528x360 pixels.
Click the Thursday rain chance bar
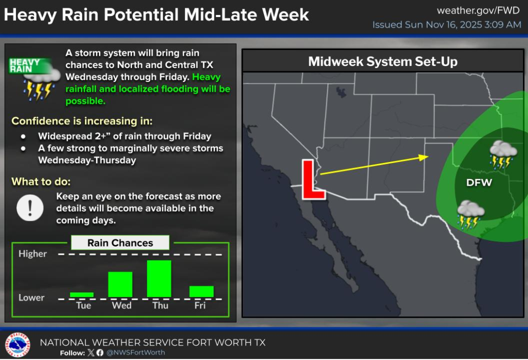click(x=159, y=279)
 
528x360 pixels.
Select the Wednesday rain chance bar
click(x=120, y=284)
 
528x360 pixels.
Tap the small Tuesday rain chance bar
click(x=81, y=294)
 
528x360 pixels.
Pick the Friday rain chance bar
click(x=202, y=291)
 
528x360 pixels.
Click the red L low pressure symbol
click(x=312, y=179)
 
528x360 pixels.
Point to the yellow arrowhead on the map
click(x=424, y=157)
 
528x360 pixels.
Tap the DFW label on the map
click(x=479, y=183)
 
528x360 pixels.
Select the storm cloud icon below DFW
click(x=471, y=215)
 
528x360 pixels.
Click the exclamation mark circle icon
click(x=30, y=208)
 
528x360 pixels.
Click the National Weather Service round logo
click(x=18, y=345)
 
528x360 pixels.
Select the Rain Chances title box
click(x=120, y=242)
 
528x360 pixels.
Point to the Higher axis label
click(x=32, y=254)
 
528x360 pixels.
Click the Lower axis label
click(x=31, y=298)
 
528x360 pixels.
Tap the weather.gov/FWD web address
click(x=478, y=10)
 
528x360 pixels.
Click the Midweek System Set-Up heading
click(x=383, y=61)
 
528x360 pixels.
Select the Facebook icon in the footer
click(x=100, y=353)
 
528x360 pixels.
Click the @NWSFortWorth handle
click(x=136, y=353)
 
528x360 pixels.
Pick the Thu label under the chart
click(x=160, y=305)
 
